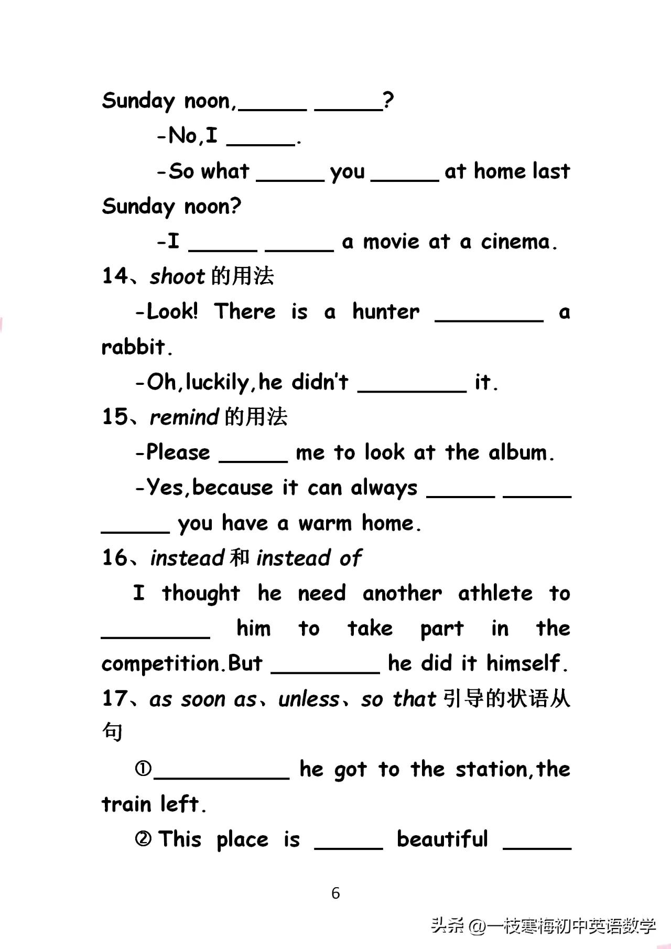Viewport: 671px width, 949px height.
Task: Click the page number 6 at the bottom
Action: point(335,893)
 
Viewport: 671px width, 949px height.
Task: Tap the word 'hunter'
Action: point(386,311)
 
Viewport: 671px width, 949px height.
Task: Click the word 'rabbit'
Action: point(133,347)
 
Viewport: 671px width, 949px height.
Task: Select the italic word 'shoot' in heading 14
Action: point(177,276)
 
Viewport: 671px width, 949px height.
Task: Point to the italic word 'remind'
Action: point(184,417)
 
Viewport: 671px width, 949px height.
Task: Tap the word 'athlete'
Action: point(495,594)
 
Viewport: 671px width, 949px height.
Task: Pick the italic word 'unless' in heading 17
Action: point(309,699)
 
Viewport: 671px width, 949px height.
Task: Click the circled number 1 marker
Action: point(143,769)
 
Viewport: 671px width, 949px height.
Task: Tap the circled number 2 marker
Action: point(143,839)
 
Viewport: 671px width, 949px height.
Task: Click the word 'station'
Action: point(491,770)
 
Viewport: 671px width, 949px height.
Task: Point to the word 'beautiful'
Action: point(442,839)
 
